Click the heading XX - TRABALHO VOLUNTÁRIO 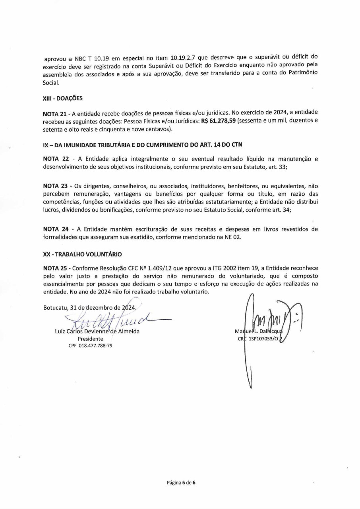click(x=82, y=254)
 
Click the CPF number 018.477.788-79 click(x=90, y=345)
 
